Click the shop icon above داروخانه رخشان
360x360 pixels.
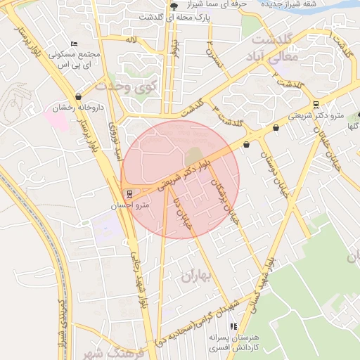click(78, 96)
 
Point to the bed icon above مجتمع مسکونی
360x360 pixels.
click(75, 44)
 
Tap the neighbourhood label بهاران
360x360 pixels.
click(196, 276)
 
